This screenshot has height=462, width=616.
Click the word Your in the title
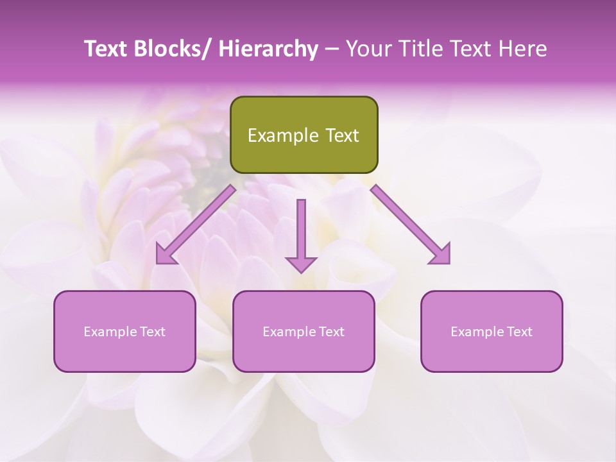(x=368, y=49)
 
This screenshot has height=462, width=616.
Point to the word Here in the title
(x=524, y=49)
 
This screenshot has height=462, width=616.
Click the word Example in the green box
(x=283, y=135)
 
